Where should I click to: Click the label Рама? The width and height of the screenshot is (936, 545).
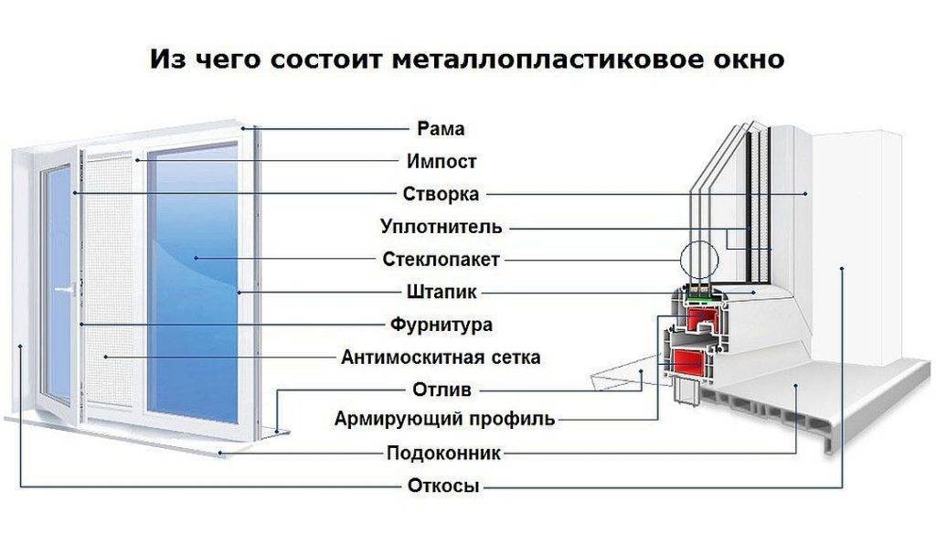pyautogui.click(x=441, y=129)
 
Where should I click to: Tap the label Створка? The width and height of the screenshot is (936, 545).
pyautogui.click(x=441, y=194)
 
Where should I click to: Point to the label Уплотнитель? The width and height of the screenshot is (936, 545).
pyautogui.click(x=441, y=226)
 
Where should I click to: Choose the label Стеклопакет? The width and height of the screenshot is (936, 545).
pyautogui.click(x=441, y=259)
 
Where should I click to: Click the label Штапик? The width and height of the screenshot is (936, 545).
pyautogui.click(x=441, y=293)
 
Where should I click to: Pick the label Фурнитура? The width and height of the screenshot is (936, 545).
pyautogui.click(x=441, y=325)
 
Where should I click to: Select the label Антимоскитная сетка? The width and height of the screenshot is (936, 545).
pyautogui.click(x=441, y=357)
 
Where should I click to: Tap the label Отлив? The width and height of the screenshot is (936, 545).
pyautogui.click(x=441, y=390)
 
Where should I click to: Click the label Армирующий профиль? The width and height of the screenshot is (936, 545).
pyautogui.click(x=443, y=420)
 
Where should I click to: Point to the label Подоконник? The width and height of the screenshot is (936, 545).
pyautogui.click(x=443, y=453)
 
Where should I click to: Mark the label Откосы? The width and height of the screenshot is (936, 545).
pyautogui.click(x=443, y=486)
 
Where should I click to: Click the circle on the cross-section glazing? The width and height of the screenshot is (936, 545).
pyautogui.click(x=697, y=260)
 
